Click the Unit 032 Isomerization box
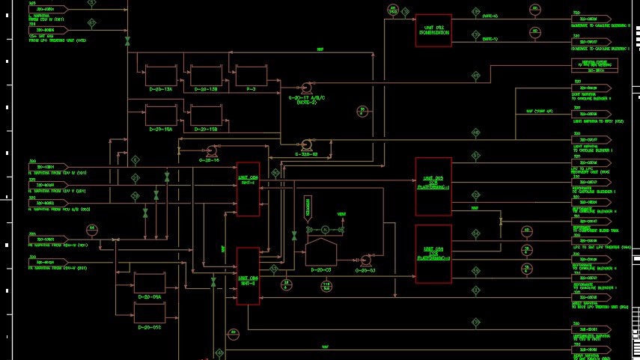click(433, 30)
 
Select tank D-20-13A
click(160, 76)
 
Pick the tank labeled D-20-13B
click(206, 76)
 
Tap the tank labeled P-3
click(251, 76)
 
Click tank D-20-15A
click(160, 115)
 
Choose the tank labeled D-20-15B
click(206, 115)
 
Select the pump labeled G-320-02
click(306, 144)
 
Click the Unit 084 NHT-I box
click(248, 189)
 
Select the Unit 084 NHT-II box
click(248, 275)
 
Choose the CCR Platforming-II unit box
click(433, 254)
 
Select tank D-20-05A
click(150, 282)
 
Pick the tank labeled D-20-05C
click(150, 312)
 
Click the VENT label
click(341, 214)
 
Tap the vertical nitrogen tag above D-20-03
click(307, 208)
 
